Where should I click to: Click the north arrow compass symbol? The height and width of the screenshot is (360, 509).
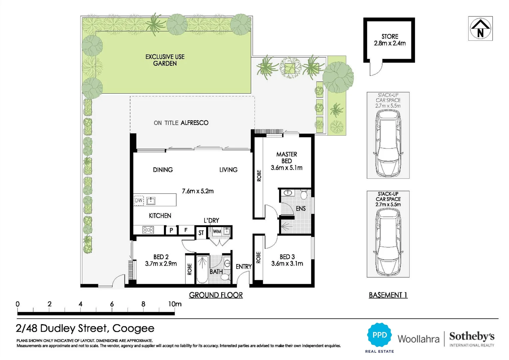480,28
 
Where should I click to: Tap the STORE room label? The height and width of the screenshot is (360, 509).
390,36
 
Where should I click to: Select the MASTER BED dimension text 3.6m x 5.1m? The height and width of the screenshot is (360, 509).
286,168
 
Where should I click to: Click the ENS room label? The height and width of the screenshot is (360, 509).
300,208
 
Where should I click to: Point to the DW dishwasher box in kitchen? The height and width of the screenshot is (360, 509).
139,200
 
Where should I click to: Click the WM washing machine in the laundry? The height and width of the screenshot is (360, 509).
217,231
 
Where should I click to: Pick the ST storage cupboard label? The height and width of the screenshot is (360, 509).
201,233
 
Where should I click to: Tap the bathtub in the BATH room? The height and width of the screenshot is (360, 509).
202,269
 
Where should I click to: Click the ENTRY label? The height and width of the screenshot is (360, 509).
244,267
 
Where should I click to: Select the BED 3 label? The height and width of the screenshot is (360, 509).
287,257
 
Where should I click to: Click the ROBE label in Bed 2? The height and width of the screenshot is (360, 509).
190,269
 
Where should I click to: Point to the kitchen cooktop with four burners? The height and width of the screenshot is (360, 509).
148,230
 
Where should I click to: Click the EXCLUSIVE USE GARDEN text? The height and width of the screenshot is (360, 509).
165,60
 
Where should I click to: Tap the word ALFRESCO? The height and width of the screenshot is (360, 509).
195,123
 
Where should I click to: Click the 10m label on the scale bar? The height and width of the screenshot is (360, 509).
175,304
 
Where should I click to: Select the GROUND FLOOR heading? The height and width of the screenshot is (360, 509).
216,295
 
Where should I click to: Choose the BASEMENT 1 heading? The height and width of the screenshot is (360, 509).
388,295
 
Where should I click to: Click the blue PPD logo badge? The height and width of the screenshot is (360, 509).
379,335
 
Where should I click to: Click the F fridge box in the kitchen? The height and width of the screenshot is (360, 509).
186,230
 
